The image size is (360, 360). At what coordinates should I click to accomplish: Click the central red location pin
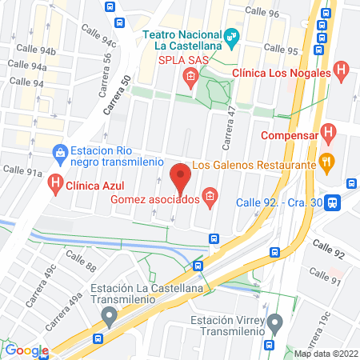180,178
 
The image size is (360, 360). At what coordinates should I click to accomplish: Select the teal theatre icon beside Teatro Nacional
232,35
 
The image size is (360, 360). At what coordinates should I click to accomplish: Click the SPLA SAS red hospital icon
190,77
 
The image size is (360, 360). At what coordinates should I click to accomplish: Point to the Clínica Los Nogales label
280,73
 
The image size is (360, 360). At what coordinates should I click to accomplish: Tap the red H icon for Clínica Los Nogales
341,70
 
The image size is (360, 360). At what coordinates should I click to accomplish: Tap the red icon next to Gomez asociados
210,197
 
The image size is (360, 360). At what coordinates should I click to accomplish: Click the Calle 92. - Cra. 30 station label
279,202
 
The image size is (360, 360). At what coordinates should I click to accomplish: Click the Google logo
26,350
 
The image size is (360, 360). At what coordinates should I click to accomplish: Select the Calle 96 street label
262,11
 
